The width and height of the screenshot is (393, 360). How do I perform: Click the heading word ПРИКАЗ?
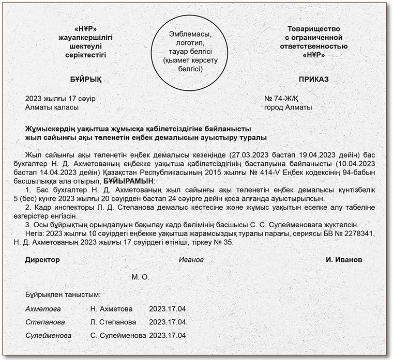pos(313,80)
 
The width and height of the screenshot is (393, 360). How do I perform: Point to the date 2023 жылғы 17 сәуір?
pos(60,98)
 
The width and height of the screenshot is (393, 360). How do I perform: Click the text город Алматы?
pos(288,107)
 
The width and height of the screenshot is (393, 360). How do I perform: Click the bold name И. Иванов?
pos(344,259)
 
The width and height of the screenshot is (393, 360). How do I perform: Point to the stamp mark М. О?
pos(140,277)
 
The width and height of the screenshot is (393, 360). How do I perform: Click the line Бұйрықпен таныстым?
pos(63,295)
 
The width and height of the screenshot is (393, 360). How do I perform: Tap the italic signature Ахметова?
pos(43,309)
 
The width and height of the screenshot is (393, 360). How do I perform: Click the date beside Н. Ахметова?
pos(167,309)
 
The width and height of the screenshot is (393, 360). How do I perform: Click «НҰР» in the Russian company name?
pos(314,55)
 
